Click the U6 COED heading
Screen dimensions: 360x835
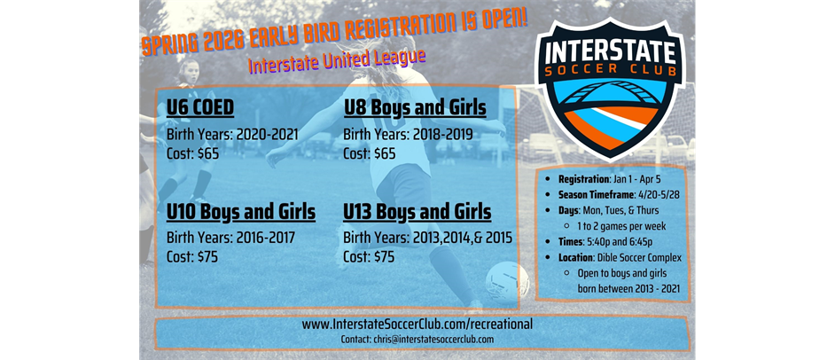point(200,108)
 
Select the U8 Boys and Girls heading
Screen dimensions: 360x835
point(415,108)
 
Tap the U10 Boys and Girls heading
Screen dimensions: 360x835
point(240,213)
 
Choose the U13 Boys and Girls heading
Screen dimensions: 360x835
point(417,213)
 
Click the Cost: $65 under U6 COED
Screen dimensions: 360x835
point(192,153)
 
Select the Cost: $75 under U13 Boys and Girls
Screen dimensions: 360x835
point(369,256)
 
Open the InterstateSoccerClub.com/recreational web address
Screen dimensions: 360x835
point(417,325)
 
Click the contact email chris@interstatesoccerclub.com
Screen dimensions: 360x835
point(417,340)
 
